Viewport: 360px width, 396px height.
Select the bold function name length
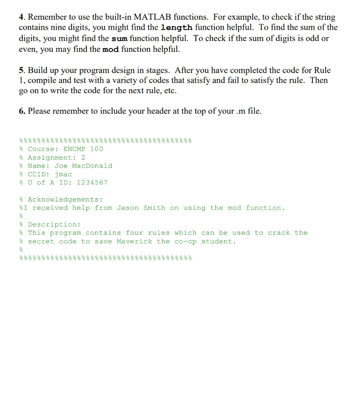pyautogui.click(x=176, y=27)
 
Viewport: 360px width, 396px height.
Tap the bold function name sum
pyautogui.click(x=120, y=39)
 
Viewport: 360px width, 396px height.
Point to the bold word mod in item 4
pyautogui.click(x=111, y=49)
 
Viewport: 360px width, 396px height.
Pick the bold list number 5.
pyautogui.click(x=22, y=70)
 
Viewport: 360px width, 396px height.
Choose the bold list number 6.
pyautogui.click(x=22, y=111)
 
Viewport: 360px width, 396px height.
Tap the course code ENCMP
pyautogui.click(x=74, y=149)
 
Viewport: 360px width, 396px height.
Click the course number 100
pyautogui.click(x=96, y=149)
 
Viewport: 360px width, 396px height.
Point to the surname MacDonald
pyautogui.click(x=92, y=166)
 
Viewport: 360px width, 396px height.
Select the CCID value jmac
pyautogui.click(x=63, y=174)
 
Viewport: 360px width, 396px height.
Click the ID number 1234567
pyautogui.click(x=92, y=183)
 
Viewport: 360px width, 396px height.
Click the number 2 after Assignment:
pyautogui.click(x=83, y=157)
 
